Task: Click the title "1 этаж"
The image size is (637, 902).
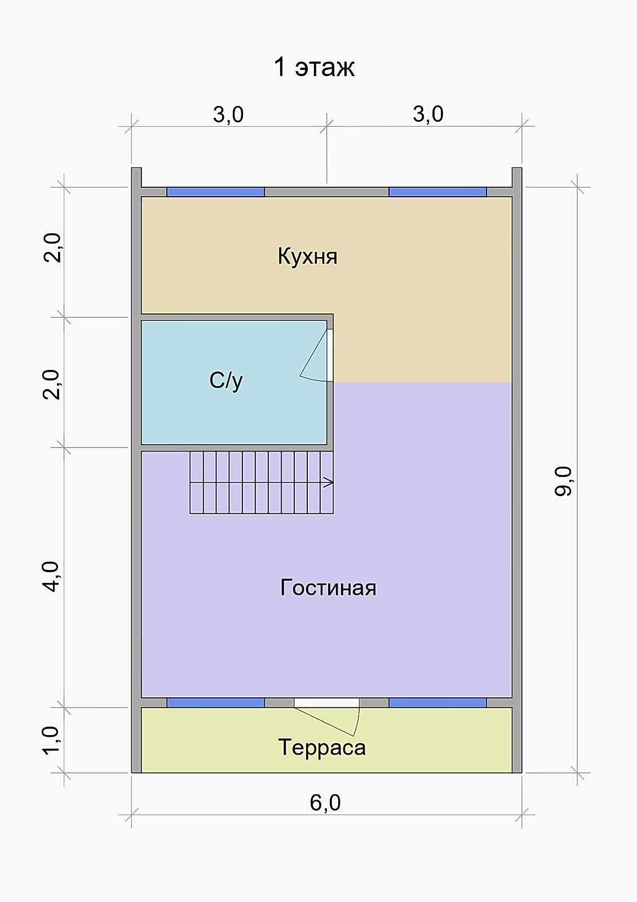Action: [314, 67]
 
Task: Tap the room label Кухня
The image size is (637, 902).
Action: [308, 256]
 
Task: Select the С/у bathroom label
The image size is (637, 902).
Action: [226, 380]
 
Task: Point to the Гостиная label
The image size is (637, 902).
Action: [328, 587]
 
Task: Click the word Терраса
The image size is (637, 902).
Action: [322, 748]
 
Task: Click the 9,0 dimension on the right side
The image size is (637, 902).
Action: [563, 481]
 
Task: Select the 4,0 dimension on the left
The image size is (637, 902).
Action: [51, 577]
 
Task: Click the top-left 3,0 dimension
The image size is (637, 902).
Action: [228, 114]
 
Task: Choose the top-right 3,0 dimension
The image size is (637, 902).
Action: [428, 114]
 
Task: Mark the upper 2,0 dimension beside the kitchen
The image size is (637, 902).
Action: [52, 248]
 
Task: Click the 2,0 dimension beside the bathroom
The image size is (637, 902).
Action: [51, 384]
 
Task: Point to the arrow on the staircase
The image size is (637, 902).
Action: [328, 482]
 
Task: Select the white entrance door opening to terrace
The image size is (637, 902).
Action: [326, 702]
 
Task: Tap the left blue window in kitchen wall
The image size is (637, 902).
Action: [215, 192]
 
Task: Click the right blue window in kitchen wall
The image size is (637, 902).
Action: [437, 192]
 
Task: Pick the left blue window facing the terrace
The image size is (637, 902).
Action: [215, 702]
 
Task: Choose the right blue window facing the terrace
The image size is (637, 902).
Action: [437, 702]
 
